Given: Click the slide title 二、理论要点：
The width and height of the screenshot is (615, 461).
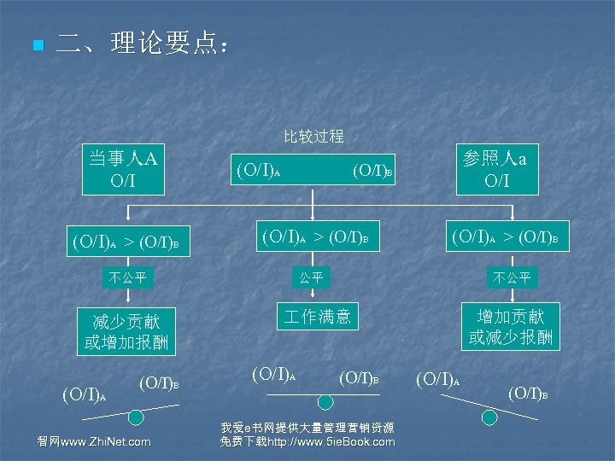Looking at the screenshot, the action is pyautogui.click(x=142, y=44).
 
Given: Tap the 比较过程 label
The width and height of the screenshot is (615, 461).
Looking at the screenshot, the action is pyautogui.click(x=313, y=136).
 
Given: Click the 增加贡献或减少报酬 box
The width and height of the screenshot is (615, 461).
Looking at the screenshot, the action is pyautogui.click(x=511, y=325).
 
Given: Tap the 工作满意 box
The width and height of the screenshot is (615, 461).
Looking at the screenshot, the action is pyautogui.click(x=317, y=317).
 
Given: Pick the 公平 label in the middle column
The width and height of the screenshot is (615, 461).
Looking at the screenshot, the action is pyautogui.click(x=310, y=277).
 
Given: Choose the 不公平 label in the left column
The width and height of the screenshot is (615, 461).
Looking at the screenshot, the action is pyautogui.click(x=127, y=277).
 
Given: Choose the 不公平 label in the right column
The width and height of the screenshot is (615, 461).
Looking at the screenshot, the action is pyautogui.click(x=511, y=277).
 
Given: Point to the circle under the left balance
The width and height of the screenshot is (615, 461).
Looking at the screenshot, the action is pyautogui.click(x=136, y=417).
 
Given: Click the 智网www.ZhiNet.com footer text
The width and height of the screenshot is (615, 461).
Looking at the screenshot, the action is pyautogui.click(x=94, y=441).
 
